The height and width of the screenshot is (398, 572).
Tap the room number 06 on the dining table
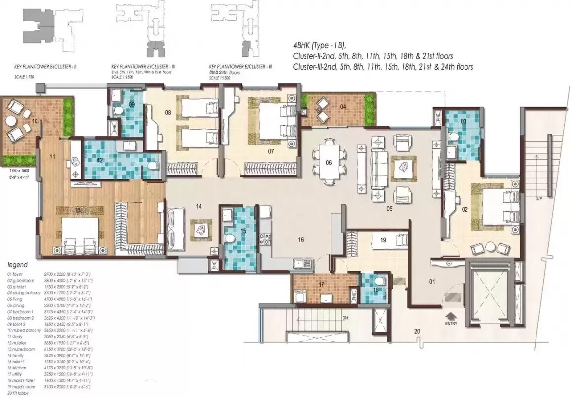click(x=329, y=162)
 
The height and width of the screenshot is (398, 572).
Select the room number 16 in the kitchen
click(x=300, y=240)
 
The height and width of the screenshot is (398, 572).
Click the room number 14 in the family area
click(x=199, y=206)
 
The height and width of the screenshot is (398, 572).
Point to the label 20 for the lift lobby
click(x=417, y=331)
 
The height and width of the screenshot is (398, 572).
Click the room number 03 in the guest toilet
click(x=464, y=121)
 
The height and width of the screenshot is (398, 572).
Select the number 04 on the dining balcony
click(x=343, y=106)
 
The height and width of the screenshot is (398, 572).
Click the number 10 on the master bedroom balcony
click(x=35, y=121)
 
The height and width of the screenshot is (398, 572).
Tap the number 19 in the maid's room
click(x=383, y=240)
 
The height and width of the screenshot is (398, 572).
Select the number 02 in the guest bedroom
click(x=464, y=209)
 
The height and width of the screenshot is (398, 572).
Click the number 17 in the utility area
click(x=321, y=284)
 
